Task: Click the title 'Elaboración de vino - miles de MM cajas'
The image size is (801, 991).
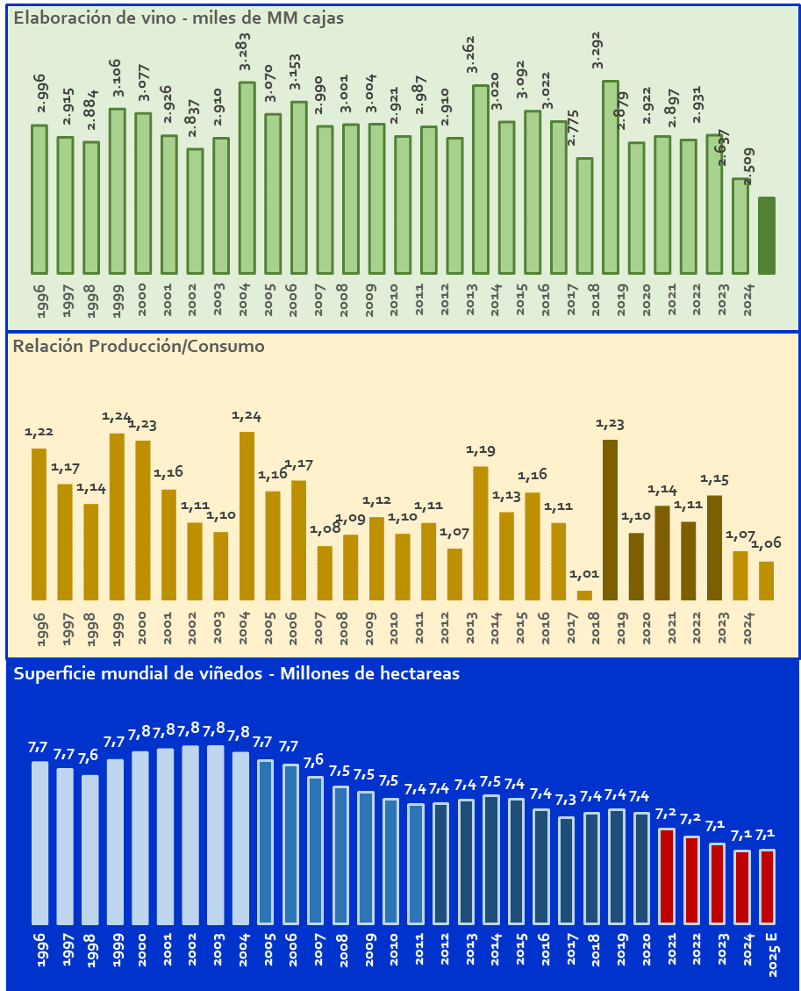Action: point(179,18)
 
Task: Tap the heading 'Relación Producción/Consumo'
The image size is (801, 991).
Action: point(139,346)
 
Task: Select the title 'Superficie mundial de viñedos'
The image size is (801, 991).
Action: point(237,673)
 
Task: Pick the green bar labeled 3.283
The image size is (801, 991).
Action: point(247,177)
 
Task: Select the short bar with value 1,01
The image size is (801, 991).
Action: point(584,595)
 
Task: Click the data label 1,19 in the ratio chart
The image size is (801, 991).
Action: point(480,450)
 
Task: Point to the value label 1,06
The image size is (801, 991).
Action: point(766,544)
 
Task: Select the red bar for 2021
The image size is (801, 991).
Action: point(667,875)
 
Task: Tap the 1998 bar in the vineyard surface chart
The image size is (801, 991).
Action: point(89,849)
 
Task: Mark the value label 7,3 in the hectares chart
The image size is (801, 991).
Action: point(566,801)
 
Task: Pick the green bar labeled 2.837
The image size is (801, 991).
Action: point(195,211)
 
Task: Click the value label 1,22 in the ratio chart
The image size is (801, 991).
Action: point(39,432)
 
